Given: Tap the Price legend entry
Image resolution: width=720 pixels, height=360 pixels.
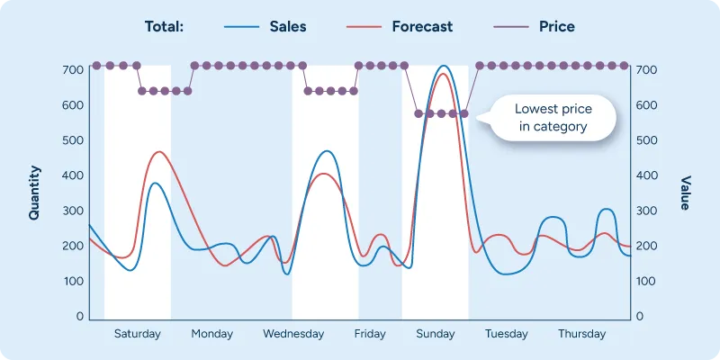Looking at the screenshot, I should coord(556,26).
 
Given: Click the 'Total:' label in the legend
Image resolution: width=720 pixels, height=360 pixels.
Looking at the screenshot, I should coord(164,26).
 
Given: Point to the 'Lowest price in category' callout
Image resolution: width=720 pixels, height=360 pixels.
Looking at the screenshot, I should coord(553,118).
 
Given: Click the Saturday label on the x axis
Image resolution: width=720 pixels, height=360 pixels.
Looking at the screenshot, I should coord(137,334).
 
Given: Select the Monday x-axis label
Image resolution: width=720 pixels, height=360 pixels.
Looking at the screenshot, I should coord(211,334).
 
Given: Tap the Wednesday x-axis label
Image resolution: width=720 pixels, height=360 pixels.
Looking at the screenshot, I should coord(293,334).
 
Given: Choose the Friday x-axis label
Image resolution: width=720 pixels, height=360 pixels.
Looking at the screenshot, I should coord(370,334).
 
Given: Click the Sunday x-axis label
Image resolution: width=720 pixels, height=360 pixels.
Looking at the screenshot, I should coord(436,334).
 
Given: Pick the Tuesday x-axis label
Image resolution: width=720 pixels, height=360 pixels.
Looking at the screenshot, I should coord(507,334).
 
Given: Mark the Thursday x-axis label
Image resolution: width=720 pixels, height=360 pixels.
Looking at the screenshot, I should coord(581,334).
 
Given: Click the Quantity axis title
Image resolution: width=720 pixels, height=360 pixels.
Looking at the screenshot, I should coord(34,193).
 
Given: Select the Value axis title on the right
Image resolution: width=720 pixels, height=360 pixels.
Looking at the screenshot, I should coord(686,193).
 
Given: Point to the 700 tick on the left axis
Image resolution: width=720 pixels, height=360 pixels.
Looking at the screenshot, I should coord(73,70).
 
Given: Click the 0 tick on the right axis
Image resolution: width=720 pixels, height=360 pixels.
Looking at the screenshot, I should coord(640,317).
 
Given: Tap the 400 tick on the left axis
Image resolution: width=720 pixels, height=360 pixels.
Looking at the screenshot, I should coord(73,175).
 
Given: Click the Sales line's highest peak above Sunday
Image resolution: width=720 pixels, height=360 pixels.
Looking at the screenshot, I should coord(443,66).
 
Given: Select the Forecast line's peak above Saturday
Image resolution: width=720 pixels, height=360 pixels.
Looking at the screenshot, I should coord(159,152).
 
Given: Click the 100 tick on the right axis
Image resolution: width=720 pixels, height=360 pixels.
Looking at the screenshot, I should coord(646,282).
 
